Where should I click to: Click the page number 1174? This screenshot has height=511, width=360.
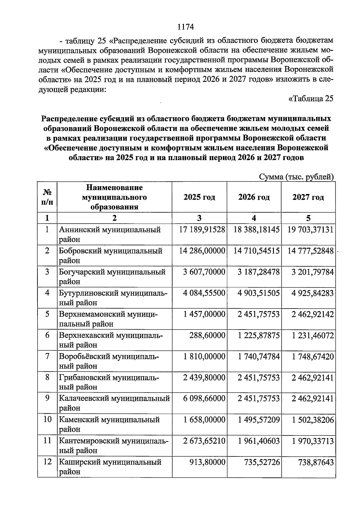pos(186,27)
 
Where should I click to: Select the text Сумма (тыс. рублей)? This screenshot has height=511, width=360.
pos(296,177)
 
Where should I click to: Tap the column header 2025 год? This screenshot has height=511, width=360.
pos(199,197)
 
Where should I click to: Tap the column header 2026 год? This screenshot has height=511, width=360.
pos(254,197)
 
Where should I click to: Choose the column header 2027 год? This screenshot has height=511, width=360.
pos(308,197)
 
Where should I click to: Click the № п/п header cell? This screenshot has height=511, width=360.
pos(47,197)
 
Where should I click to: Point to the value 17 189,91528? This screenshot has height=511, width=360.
pos(202,230)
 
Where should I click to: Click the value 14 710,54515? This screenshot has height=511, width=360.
pos(256,251)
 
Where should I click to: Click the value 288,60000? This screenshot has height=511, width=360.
pos(207,335)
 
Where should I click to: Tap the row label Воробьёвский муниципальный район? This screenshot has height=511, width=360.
pos(109,361)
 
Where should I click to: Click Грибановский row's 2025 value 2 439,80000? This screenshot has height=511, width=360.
pos(204,378)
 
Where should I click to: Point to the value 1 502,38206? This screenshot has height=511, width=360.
pos(313,420)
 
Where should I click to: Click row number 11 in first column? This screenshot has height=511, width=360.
pos(47,441)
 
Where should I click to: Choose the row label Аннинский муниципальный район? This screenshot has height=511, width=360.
pos(109,234)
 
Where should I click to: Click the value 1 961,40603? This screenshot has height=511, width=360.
pos(259,441)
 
